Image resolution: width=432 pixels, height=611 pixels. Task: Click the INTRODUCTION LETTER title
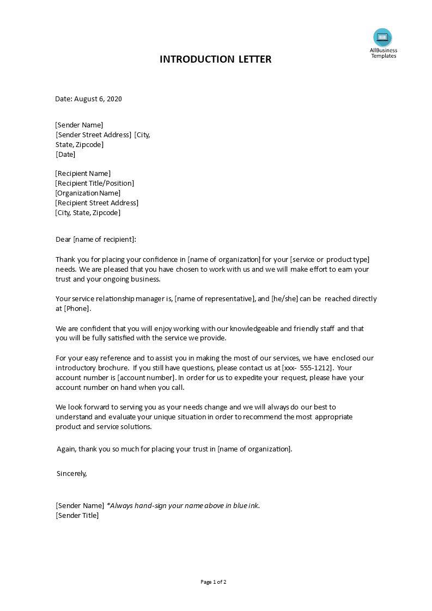point(215,59)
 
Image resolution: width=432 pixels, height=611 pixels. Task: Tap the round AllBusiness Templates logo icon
point(382,38)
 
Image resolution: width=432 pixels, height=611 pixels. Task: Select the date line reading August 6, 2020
point(89,99)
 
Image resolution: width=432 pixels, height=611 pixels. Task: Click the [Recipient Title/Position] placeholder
point(95,184)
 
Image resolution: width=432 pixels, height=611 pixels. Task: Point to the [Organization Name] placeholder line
point(88,193)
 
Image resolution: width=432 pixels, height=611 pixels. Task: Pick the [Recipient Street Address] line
point(97,203)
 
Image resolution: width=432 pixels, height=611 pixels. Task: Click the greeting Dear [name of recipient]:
point(96,239)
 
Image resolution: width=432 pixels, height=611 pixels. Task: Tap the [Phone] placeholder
point(77,309)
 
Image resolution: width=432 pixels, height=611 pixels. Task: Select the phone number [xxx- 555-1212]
point(307,368)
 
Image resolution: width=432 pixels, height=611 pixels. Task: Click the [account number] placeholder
point(147,378)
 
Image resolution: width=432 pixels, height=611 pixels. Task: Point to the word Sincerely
point(71,474)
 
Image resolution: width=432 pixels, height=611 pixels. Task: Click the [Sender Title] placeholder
point(77,516)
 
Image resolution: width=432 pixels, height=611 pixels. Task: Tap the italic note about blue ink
point(183,506)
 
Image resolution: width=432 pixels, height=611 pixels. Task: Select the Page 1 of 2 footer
point(214,582)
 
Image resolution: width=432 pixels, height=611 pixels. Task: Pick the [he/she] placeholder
point(284,299)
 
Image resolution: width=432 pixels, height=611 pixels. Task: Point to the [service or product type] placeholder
point(331,259)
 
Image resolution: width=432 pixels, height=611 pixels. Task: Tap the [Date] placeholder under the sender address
point(66,155)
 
